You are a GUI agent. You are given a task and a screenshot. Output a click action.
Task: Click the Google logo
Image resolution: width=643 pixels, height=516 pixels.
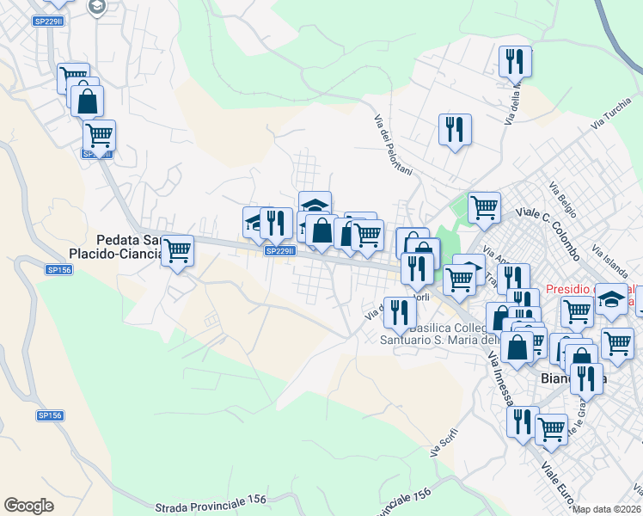[29, 506]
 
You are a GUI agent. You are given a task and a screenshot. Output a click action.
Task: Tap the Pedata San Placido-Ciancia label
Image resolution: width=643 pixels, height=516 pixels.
[116, 247]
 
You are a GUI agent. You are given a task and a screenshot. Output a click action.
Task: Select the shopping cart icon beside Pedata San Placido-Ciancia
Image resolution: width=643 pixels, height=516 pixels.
[177, 251]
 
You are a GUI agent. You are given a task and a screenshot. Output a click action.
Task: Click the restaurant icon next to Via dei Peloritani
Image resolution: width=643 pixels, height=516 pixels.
[454, 130]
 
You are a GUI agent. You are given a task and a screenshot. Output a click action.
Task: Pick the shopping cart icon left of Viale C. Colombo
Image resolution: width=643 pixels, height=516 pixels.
[485, 206]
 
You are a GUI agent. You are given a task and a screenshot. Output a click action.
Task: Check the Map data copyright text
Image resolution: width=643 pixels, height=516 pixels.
[607, 508]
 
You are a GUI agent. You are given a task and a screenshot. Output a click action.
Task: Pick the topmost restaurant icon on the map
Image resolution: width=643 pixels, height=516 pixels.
[514, 61]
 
